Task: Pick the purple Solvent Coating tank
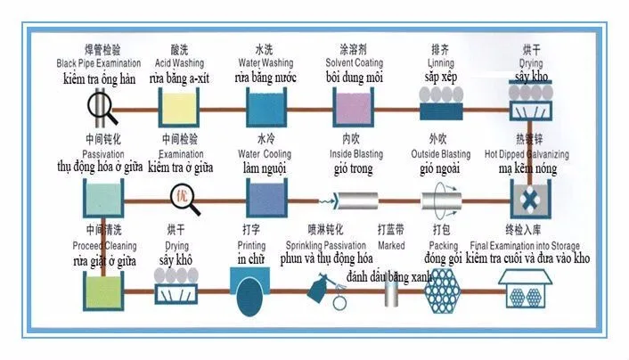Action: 353,110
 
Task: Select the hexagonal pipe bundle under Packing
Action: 441,290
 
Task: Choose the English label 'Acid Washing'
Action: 180,64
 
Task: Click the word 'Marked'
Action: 391,246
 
